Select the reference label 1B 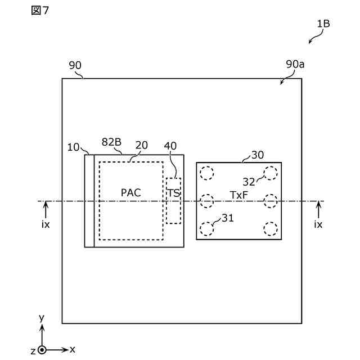click(x=323, y=24)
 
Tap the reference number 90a click(x=295, y=65)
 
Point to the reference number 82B click(x=111, y=142)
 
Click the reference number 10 click(x=74, y=147)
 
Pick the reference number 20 click(x=142, y=145)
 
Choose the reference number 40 click(x=170, y=145)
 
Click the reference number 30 click(x=258, y=155)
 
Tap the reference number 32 click(x=249, y=182)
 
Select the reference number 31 click(x=228, y=218)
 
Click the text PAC click(x=130, y=193)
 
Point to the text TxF click(x=239, y=195)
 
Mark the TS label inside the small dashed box click(x=173, y=193)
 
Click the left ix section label click(x=46, y=224)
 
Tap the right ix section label click(x=318, y=224)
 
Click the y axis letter click(x=41, y=318)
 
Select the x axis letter click(x=73, y=349)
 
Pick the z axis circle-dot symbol click(x=42, y=350)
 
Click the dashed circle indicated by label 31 click(x=208, y=228)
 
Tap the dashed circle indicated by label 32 click(x=271, y=173)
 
